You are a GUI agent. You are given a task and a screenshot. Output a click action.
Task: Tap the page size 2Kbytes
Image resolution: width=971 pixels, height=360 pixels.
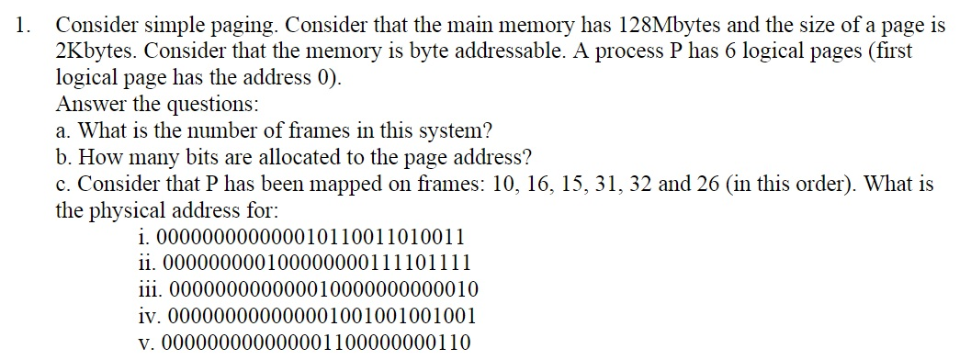pos(102,51)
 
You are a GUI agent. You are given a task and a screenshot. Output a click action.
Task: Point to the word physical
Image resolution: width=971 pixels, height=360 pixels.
pos(137,210)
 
